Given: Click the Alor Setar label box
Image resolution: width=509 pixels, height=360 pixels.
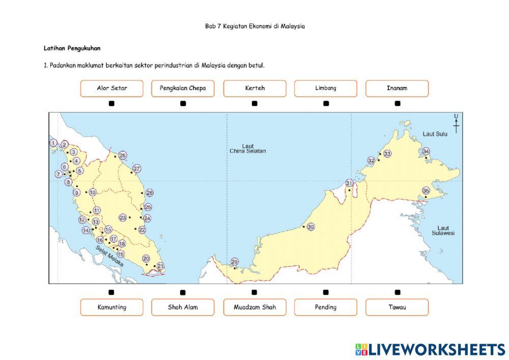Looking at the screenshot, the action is point(111,88).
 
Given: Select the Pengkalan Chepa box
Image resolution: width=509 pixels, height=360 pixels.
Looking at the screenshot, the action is point(183,88).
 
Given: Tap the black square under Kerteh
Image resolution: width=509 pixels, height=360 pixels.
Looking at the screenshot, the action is point(254,103).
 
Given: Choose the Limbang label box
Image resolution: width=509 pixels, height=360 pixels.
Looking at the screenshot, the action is point(326,88).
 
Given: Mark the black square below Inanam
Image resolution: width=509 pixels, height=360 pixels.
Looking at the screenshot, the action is point(398,103).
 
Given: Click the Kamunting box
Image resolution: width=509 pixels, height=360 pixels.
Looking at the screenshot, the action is point(111,307).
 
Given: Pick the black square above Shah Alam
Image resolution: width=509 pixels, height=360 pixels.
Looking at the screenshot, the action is point(183,292).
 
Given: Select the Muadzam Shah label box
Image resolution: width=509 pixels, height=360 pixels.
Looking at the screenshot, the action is point(254,307).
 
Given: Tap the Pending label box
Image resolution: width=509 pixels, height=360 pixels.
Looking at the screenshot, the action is point(326,307).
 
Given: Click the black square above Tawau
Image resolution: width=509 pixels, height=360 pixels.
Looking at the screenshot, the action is point(398,292).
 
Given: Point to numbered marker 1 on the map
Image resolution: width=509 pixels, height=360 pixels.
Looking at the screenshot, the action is point(53,143).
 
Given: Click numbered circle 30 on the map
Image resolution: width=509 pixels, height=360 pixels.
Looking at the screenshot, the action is point(311,227).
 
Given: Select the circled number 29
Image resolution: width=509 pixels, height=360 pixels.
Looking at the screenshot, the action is point(235,262).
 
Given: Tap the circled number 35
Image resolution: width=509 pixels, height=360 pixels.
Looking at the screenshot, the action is point(426,191).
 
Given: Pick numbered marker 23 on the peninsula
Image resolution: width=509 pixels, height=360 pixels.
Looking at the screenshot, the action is point(123,217).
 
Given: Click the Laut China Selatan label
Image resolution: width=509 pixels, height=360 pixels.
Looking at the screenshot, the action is point(247,148).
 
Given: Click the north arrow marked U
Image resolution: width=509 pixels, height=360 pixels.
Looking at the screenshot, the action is point(456,123).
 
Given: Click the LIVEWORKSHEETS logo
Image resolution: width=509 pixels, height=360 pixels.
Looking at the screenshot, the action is point(430,349).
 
